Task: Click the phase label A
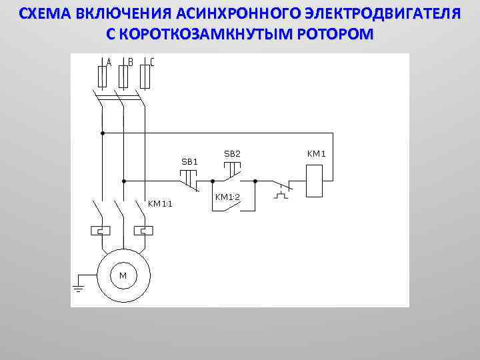coord(109,62)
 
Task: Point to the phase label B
coord(131,62)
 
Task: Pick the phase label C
coord(152,62)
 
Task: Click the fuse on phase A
coord(102,77)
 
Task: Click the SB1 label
coord(190,161)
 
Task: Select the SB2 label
coord(232,154)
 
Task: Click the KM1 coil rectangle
coord(315,180)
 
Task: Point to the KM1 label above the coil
coord(316,154)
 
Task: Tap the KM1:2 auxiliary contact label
coord(227,197)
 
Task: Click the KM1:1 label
coord(160,204)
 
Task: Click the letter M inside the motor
coord(123,275)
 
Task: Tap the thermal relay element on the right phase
coord(144,231)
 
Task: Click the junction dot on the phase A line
coord(102,133)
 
